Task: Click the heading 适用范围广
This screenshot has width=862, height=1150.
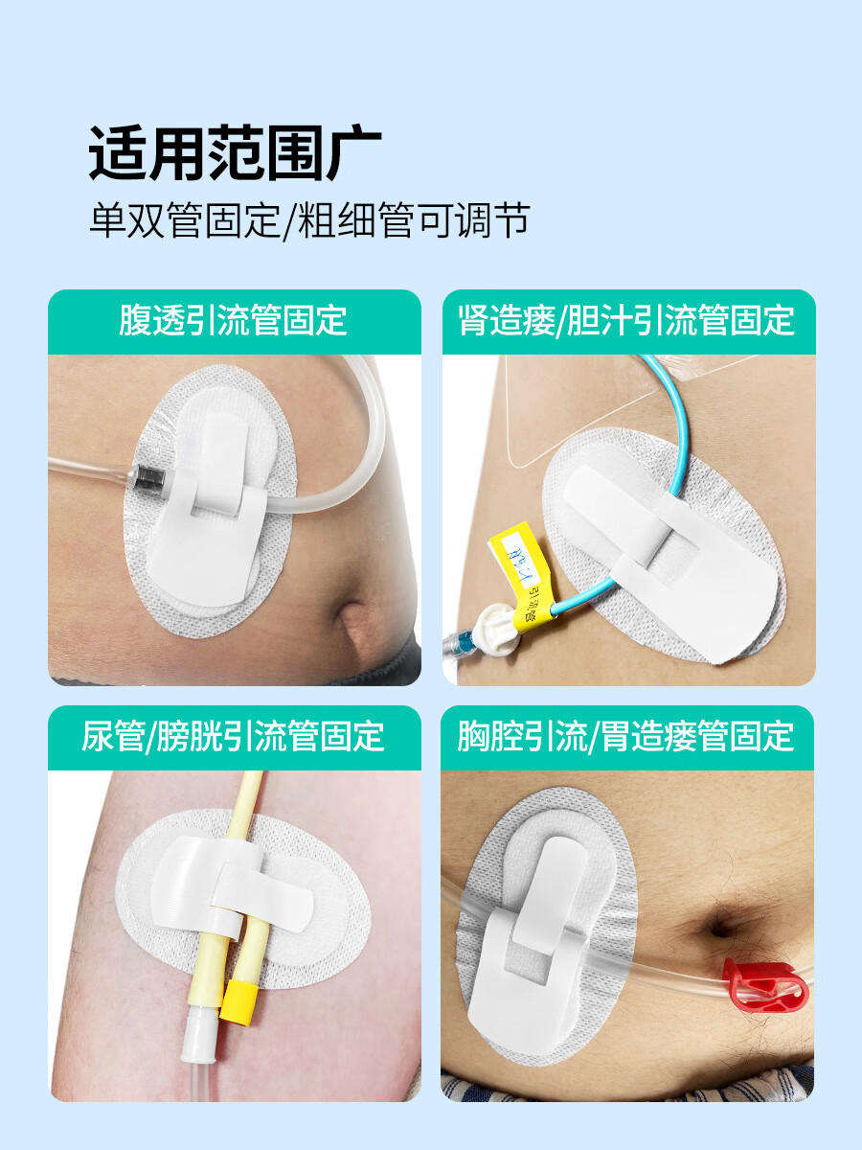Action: point(235,152)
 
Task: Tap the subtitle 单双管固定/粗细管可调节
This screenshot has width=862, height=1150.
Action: point(308,221)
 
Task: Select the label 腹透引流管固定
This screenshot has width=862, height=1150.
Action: point(234,320)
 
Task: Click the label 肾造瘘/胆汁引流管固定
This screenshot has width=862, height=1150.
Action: point(627,320)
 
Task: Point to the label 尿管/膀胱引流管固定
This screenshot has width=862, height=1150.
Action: point(234,736)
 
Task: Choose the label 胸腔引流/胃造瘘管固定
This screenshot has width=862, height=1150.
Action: point(627,736)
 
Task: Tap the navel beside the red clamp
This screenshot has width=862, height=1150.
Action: point(719,926)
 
